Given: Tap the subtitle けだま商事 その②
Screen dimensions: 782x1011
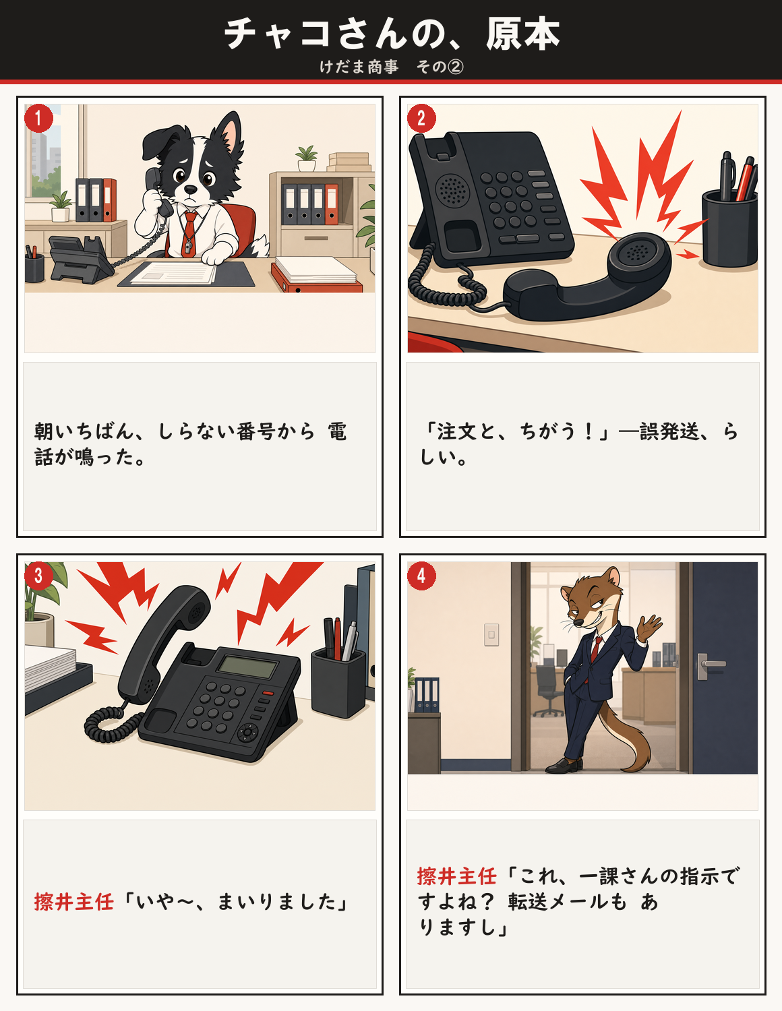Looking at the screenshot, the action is (x=391, y=67).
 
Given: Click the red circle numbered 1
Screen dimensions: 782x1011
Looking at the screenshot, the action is (x=38, y=118).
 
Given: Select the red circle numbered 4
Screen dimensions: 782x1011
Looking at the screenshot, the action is (x=421, y=576).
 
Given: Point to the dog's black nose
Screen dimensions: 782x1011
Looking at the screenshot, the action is (x=191, y=189).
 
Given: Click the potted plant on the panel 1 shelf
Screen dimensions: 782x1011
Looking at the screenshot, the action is (x=307, y=158).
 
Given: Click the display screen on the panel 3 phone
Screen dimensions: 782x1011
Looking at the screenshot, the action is (x=248, y=667).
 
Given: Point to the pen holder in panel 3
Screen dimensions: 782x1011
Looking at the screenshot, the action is (x=338, y=682).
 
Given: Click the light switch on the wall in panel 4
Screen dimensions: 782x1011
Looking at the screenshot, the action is (x=491, y=635).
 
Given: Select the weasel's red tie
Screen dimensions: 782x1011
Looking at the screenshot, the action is (x=595, y=649).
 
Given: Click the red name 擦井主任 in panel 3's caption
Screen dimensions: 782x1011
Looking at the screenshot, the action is (x=73, y=902).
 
